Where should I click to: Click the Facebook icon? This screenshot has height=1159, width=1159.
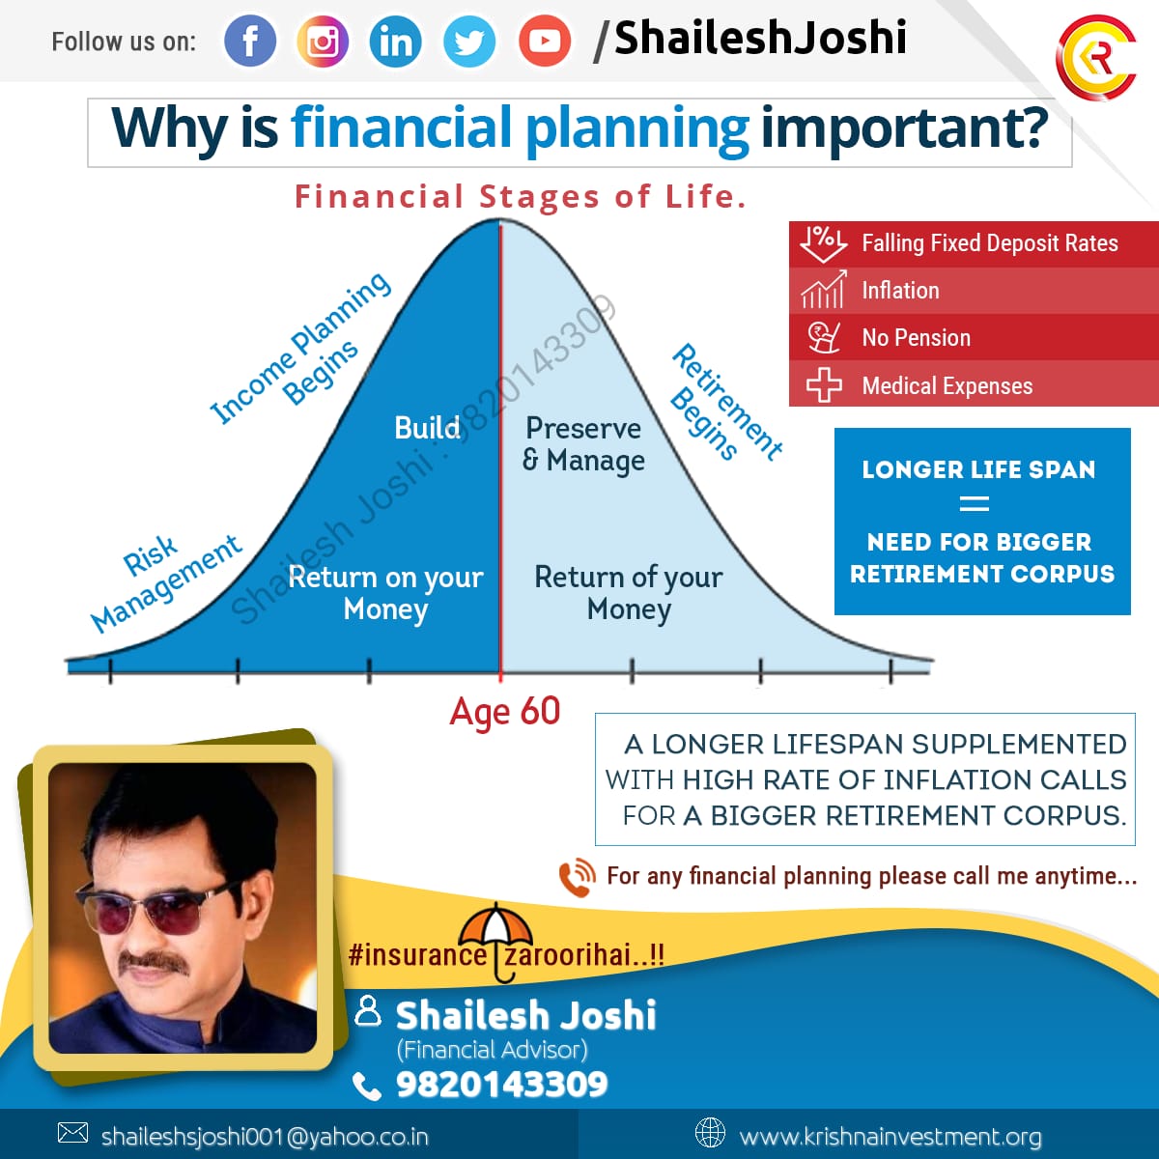tap(250, 41)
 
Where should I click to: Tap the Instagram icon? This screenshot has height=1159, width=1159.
tap(323, 41)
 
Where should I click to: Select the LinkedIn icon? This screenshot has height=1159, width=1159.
tap(396, 41)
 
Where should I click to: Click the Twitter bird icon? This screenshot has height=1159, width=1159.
tap(469, 41)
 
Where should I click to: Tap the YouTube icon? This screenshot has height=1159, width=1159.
tap(545, 41)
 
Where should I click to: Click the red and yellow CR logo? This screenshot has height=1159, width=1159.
tap(1096, 57)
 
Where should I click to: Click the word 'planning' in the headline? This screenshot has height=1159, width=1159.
tap(637, 130)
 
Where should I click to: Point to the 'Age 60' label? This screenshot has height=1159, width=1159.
tap(505, 713)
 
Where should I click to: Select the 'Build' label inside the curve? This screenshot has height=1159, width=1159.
tap(428, 428)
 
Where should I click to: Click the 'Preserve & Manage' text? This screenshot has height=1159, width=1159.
tap(583, 444)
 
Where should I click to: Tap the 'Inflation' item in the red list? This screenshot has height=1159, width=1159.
tap(900, 291)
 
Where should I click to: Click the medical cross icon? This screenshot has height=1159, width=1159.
tap(824, 385)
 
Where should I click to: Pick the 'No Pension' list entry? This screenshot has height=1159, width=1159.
tap(916, 337)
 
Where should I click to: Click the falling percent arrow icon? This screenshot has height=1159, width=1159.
tap(824, 244)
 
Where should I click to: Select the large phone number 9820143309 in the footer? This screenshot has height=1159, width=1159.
tap(501, 1084)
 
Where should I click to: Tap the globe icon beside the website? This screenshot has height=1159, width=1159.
tap(710, 1133)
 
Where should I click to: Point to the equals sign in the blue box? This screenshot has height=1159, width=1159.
tap(975, 503)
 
